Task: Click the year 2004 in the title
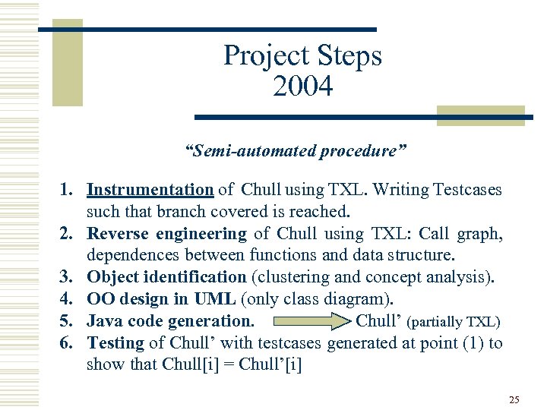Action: click(x=302, y=87)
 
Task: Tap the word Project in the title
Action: click(x=261, y=56)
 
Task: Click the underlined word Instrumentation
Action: click(x=150, y=190)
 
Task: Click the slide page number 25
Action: click(x=514, y=399)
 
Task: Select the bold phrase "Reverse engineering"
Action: click(x=167, y=234)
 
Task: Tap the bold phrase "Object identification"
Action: click(x=166, y=277)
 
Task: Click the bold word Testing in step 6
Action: click(x=115, y=343)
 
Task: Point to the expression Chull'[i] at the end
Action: click(x=270, y=364)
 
